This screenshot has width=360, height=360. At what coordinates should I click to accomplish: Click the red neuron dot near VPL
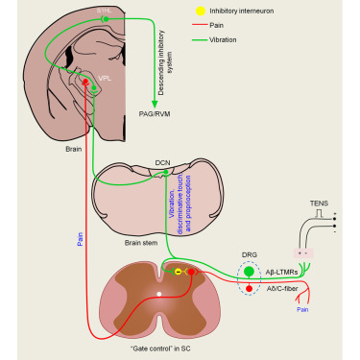(x=85, y=84)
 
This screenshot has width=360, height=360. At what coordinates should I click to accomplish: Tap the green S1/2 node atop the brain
(x=106, y=18)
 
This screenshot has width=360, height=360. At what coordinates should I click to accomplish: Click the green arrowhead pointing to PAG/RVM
(x=155, y=104)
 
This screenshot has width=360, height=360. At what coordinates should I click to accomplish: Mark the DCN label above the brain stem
(x=163, y=163)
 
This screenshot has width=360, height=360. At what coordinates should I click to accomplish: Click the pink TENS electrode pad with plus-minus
(x=306, y=252)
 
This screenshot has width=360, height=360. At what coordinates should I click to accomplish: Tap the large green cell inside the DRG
(x=251, y=272)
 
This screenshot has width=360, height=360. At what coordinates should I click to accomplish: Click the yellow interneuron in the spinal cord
(x=177, y=273)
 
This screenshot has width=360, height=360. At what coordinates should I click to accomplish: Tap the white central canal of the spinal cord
(x=159, y=293)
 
